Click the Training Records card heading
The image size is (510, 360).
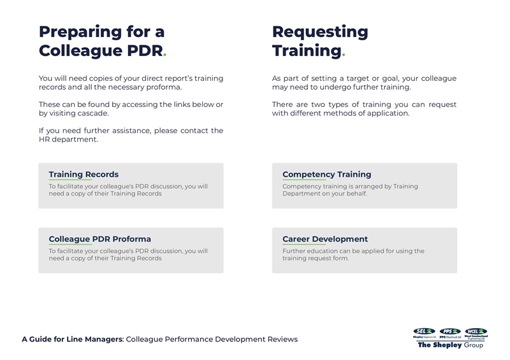coord(84,174)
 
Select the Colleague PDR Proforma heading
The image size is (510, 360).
coord(99,239)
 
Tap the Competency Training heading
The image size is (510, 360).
coord(326,174)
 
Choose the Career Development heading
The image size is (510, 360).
coord(324,239)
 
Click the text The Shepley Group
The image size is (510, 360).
coord(450,345)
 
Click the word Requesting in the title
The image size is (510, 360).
coord(320,32)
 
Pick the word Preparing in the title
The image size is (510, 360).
coord(80,32)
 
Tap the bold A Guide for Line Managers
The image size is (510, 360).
coord(72,339)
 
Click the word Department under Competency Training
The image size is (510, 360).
coord(303,194)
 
